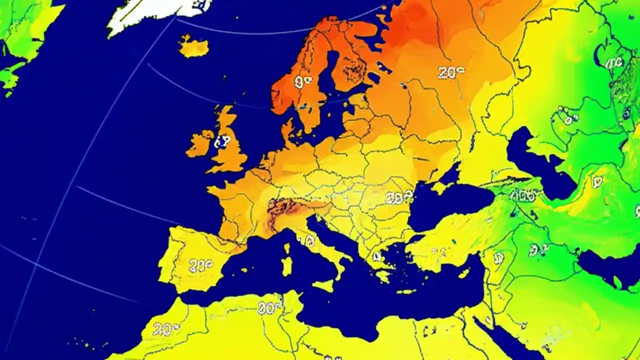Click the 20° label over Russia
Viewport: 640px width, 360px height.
click(450, 73)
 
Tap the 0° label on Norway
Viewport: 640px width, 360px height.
click(302, 82)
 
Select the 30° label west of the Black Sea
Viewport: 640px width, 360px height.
click(399, 198)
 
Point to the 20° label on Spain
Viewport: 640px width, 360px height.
click(200, 265)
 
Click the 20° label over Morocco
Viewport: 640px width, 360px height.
click(165, 329)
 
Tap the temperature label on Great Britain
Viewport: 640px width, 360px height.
click(221, 142)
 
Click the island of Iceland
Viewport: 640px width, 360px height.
click(193, 47)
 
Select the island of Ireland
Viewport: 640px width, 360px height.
click(199, 143)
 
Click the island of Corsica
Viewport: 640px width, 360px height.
click(287, 248)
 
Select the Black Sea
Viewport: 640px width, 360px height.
click(450, 202)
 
